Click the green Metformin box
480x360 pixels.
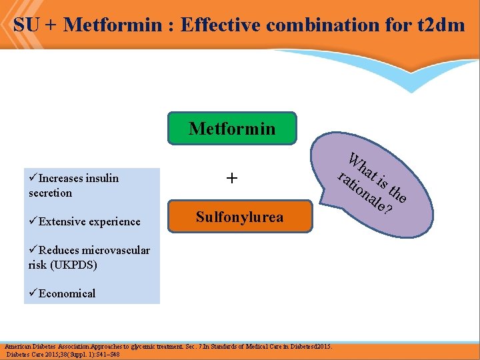231,128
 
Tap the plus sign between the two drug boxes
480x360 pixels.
232,178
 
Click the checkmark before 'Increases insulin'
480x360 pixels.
33,178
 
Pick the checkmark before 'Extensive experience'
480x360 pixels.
33,221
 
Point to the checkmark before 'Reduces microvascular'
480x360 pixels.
33,250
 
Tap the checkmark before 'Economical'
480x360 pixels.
33,293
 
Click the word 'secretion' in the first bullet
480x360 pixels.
50,193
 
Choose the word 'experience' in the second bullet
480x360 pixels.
114,221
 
